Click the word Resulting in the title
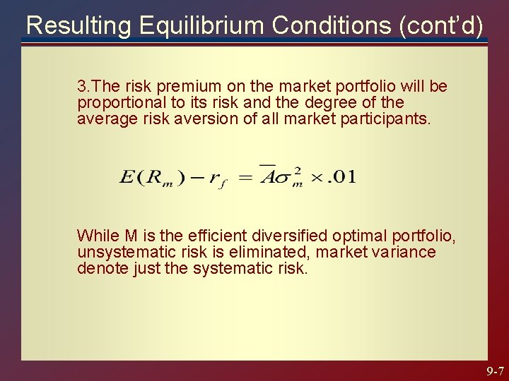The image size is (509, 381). point(78,25)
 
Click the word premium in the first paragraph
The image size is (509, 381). point(185,87)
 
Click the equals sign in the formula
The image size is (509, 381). point(243,176)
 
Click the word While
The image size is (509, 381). point(97,235)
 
